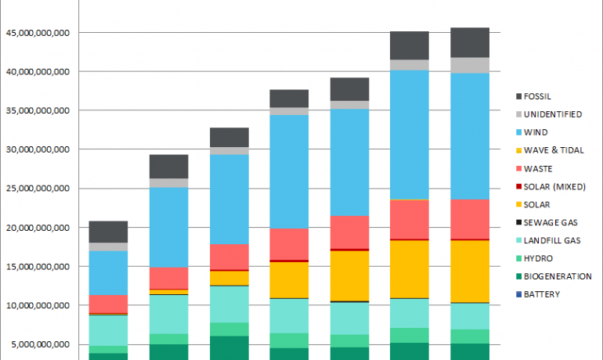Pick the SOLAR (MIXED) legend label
pyautogui.click(x=556, y=186)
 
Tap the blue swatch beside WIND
pyautogui.click(x=518, y=132)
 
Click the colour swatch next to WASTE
pyautogui.click(x=518, y=168)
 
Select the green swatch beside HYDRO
pyautogui.click(x=518, y=258)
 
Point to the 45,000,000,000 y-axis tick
pyautogui.click(x=38, y=33)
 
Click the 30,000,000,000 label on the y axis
pyautogui.click(x=38, y=149)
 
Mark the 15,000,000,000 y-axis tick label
pyautogui.click(x=38, y=267)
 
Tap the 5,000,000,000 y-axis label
pyautogui.click(x=41, y=344)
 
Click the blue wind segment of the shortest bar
pyautogui.click(x=108, y=272)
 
